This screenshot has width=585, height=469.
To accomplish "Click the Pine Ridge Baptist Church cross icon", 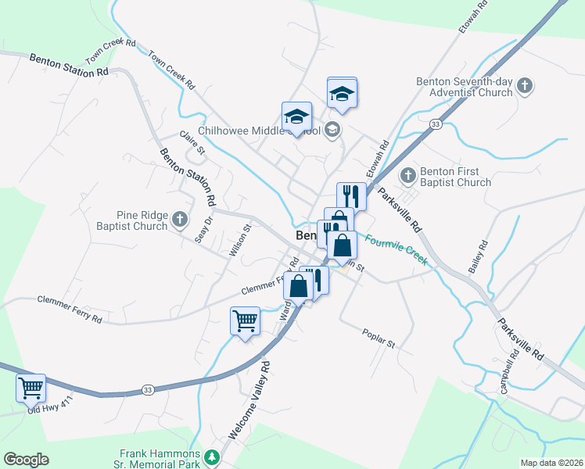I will point(180,219).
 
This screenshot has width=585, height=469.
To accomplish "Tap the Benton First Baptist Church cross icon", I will point(407,174).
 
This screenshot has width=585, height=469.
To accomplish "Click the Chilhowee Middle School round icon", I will point(332,129).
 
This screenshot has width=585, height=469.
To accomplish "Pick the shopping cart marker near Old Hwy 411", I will point(31,387).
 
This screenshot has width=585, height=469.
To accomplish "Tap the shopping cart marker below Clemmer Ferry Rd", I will point(245,320).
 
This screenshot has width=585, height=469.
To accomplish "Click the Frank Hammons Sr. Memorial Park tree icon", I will point(210,456).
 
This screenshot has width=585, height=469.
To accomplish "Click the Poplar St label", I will point(380,338).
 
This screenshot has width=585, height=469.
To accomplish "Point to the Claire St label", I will point(192,142).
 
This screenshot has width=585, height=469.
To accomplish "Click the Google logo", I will point(26,460).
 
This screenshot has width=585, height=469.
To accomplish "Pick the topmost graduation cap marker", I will point(342,93).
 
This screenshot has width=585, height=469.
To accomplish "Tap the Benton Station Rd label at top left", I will point(69,65).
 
